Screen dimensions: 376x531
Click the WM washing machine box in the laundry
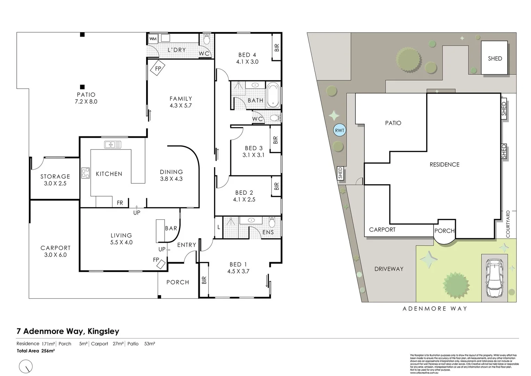point(153,39)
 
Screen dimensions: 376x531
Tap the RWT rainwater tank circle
point(339,131)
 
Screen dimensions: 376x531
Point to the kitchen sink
point(112,144)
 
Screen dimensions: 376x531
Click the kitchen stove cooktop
point(86,173)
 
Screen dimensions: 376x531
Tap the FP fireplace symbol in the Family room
point(158,69)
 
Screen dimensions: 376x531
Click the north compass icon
point(26,366)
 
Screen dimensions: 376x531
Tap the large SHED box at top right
point(494,58)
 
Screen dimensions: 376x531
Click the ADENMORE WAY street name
point(435,308)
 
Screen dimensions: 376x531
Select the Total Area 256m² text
point(36,351)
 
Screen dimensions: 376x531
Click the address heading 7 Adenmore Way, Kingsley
point(68,331)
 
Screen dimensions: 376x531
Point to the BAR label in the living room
point(171,228)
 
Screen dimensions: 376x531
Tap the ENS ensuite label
point(268,232)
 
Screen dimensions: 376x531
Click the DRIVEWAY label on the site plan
point(389,269)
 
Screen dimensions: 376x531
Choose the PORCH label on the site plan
point(444,230)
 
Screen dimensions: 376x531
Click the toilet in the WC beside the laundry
point(207,40)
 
